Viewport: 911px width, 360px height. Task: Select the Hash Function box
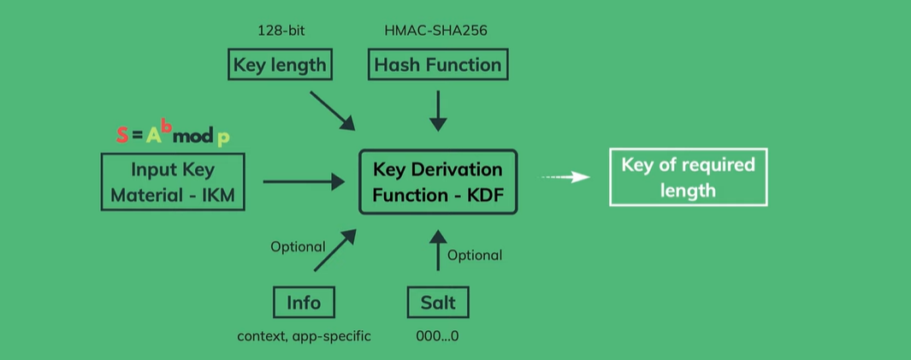click(437, 65)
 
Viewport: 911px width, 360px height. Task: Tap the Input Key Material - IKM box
click(173, 182)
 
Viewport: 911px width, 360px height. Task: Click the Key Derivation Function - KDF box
click(438, 182)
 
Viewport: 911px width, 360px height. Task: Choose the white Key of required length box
click(688, 177)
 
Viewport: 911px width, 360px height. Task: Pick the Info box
click(304, 302)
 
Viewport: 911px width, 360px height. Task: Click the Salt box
click(438, 302)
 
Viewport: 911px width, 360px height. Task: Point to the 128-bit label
click(281, 32)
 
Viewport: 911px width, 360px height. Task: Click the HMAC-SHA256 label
click(437, 32)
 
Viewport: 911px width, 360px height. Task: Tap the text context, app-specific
click(304, 336)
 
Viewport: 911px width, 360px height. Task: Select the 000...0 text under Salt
click(437, 336)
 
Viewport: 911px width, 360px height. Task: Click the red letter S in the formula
click(122, 135)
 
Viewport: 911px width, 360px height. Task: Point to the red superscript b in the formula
click(168, 128)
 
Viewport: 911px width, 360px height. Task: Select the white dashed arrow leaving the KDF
click(565, 177)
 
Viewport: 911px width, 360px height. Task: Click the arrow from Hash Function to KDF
click(438, 109)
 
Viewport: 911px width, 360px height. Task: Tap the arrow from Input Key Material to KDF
click(303, 181)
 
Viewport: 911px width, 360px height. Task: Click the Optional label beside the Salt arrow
click(475, 255)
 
